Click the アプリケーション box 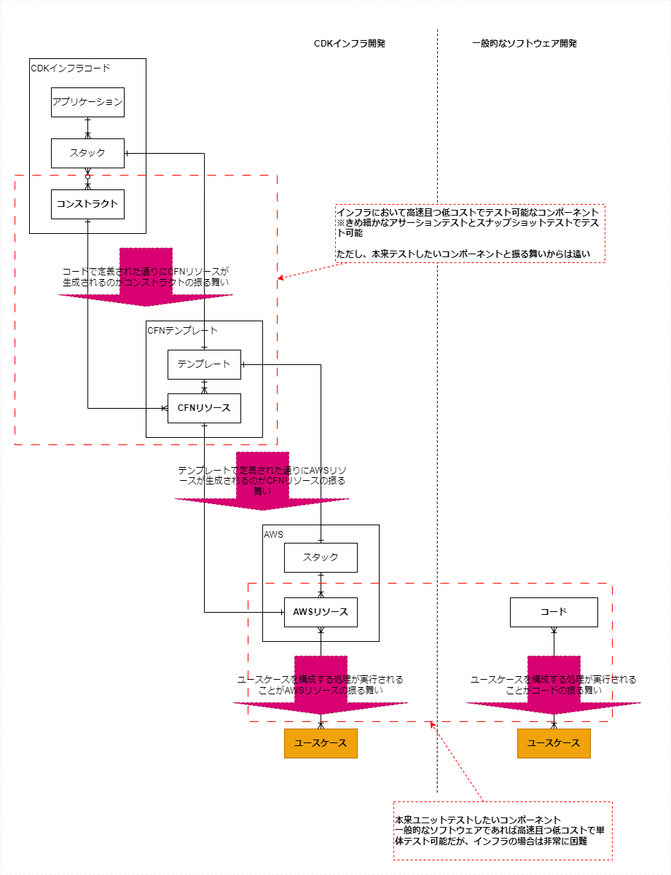[87, 102]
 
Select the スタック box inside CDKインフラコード [87, 153]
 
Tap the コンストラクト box [87, 204]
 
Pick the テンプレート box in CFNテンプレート [204, 364]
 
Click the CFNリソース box [204, 408]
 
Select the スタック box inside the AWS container [321, 557]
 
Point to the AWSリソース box [321, 612]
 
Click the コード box [554, 612]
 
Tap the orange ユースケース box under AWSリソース [321, 743]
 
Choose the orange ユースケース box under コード [554, 743]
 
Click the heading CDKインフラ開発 [349, 44]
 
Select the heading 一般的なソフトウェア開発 [524, 44]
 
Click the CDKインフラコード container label [71, 68]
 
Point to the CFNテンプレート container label [182, 330]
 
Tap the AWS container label [275, 534]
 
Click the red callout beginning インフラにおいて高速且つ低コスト [470, 233]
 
